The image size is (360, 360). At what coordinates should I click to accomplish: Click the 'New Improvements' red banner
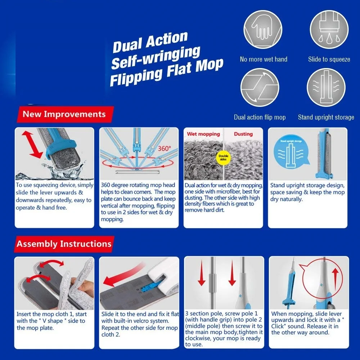[x=64, y=114]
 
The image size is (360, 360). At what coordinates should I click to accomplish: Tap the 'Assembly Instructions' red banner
[x=64, y=244]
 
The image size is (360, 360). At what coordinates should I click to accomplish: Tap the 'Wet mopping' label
[x=203, y=134]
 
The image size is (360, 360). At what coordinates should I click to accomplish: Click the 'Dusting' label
[x=243, y=134]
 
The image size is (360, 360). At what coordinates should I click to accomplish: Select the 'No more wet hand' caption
[x=264, y=59]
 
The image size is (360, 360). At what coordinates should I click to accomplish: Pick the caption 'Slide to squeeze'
[x=329, y=59]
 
